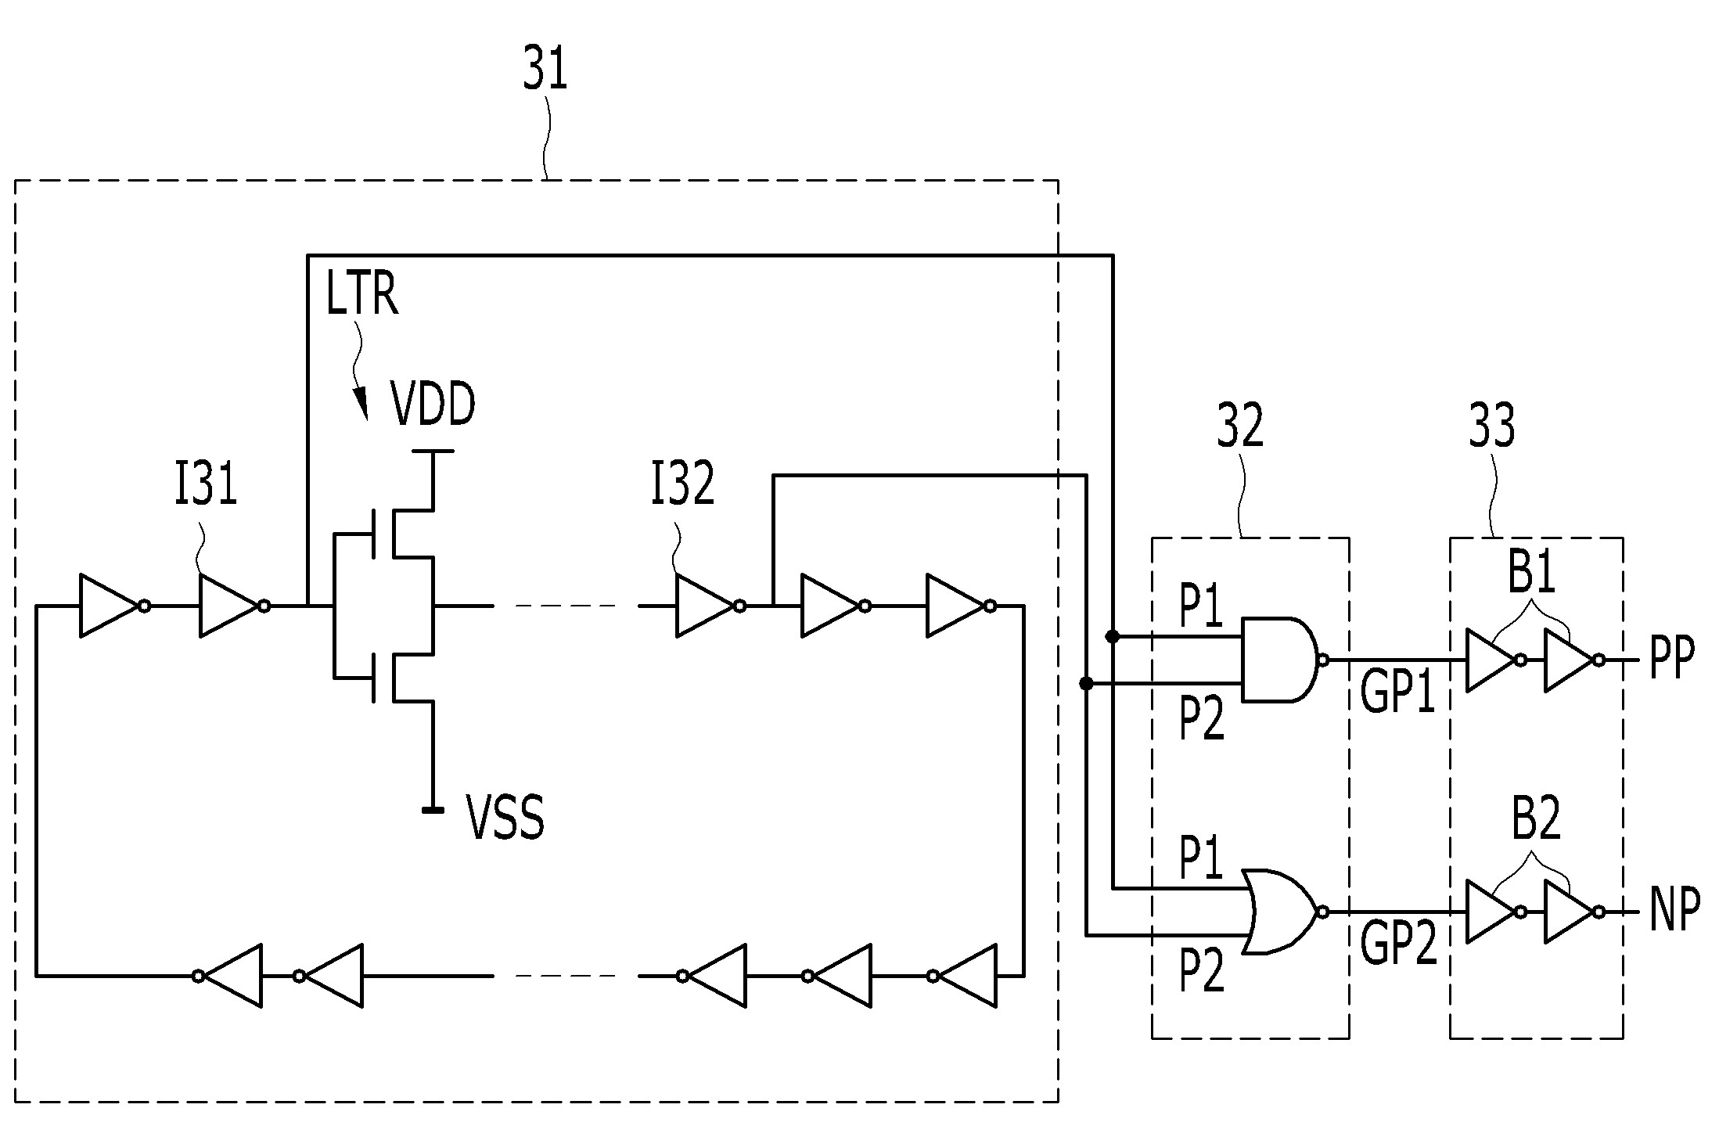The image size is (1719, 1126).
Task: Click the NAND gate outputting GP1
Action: pyautogui.click(x=1283, y=660)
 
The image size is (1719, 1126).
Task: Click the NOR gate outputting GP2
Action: pyautogui.click(x=1285, y=912)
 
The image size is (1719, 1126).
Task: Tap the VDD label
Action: pyautogui.click(x=433, y=405)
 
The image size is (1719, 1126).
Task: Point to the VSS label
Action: pyautogui.click(x=505, y=817)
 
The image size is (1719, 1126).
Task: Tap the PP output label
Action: pyautogui.click(x=1671, y=659)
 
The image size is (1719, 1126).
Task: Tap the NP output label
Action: pyautogui.click(x=1674, y=911)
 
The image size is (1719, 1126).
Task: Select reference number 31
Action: pyautogui.click(x=545, y=70)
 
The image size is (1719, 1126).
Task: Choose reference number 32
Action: pyautogui.click(x=1240, y=426)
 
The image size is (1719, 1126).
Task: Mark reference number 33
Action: pyautogui.click(x=1491, y=426)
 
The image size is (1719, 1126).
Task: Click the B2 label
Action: pyautogui.click(x=1535, y=820)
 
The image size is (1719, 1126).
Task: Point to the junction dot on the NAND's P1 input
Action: pyautogui.click(x=1112, y=636)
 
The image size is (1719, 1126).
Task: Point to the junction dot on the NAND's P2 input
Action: pyautogui.click(x=1086, y=684)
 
